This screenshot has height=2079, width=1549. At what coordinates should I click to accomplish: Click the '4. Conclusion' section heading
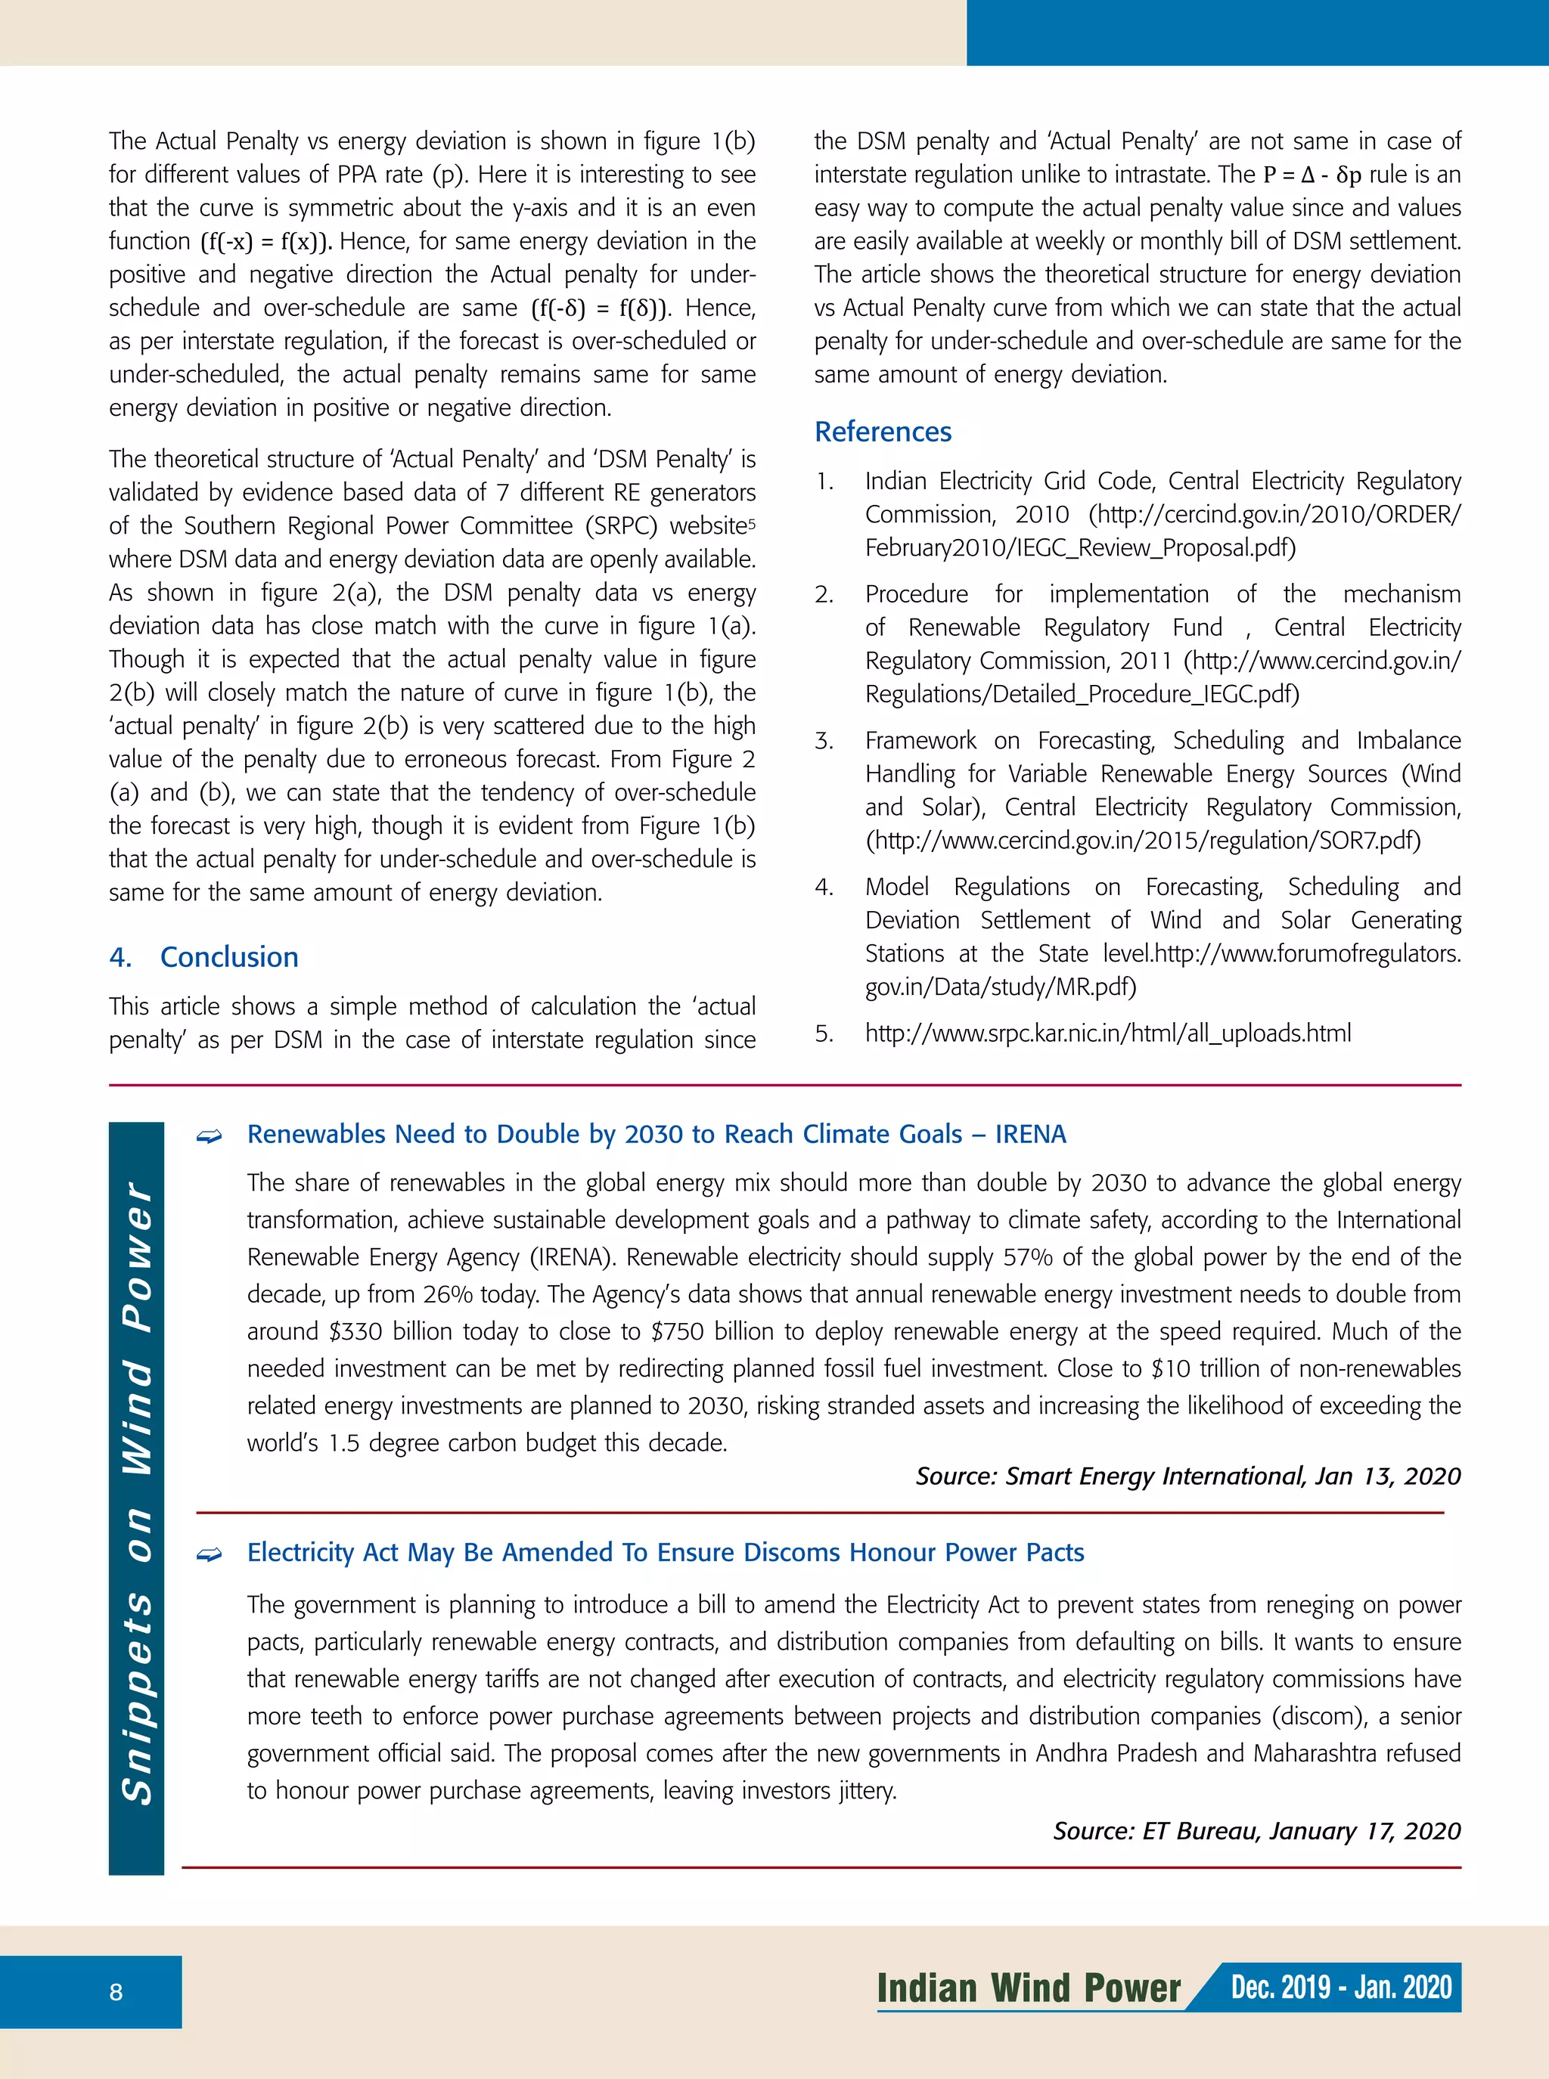tap(203, 957)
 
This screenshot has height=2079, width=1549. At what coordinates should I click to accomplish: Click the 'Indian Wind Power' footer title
tap(1029, 1988)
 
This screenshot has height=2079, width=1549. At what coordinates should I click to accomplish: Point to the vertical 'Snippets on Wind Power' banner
tap(137, 1497)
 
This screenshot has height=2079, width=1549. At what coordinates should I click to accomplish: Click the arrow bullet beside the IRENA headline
tap(208, 1136)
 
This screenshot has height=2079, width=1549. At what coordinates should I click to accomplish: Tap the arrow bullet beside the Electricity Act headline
tap(208, 1555)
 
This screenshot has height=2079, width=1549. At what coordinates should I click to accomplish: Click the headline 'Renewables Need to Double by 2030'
tap(656, 1134)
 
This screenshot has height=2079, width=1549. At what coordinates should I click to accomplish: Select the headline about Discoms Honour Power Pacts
tap(665, 1552)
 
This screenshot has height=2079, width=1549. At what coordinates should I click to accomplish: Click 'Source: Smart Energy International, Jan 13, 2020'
tap(1187, 1476)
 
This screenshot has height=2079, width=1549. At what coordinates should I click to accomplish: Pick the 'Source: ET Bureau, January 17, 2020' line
tap(1256, 1830)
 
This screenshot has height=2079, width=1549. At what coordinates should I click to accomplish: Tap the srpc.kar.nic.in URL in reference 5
tap(1107, 1033)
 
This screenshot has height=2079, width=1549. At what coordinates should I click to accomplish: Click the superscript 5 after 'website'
tap(752, 522)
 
